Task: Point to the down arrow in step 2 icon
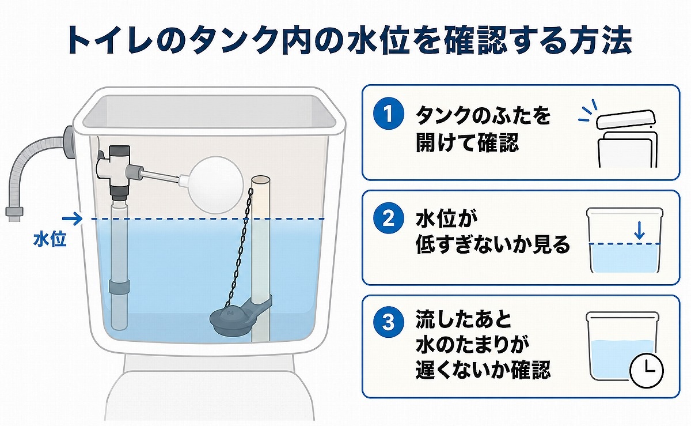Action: click(x=637, y=231)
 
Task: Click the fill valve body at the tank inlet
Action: click(x=118, y=168)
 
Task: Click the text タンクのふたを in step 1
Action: click(x=483, y=116)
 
